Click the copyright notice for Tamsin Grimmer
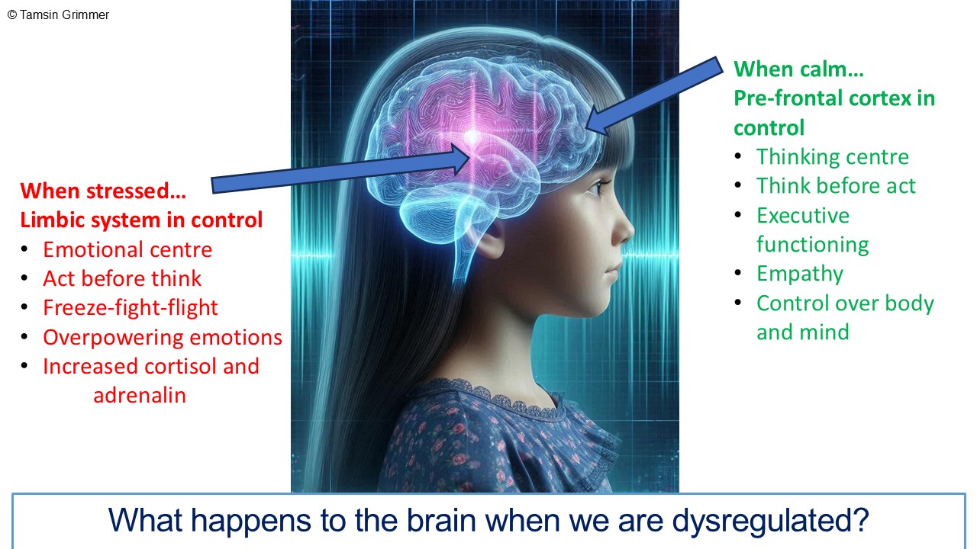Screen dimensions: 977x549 (x=58, y=14)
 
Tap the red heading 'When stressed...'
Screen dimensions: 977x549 (x=103, y=191)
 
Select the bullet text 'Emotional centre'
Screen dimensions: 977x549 (x=127, y=249)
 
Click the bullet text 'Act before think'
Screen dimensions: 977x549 (x=122, y=278)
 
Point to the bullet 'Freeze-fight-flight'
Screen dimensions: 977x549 (x=130, y=307)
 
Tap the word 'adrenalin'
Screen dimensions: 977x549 (x=140, y=395)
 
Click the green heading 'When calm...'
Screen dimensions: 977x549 (x=798, y=69)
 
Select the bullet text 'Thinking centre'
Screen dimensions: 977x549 (x=833, y=157)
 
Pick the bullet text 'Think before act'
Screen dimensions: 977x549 (x=836, y=186)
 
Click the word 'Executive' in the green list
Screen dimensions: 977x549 (x=803, y=216)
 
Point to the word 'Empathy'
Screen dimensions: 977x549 (x=799, y=274)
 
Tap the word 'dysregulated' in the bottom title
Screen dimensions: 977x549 (x=770, y=521)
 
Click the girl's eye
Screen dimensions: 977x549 (x=596, y=188)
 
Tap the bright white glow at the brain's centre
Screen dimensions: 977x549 (x=472, y=137)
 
